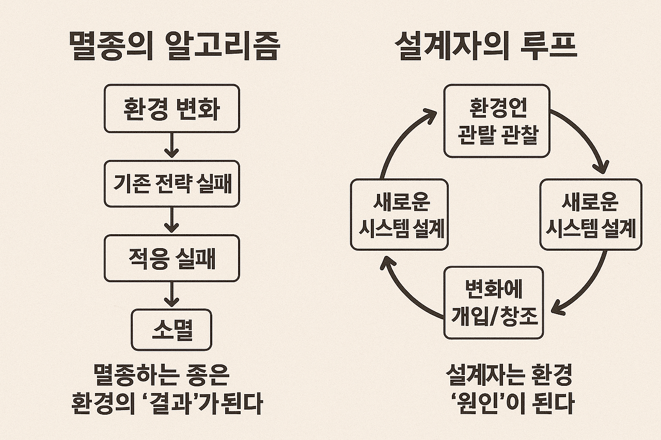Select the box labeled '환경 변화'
coord(171,109)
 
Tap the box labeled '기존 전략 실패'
coord(171,184)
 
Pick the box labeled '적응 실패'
coord(171,258)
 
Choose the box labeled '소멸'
coord(171,330)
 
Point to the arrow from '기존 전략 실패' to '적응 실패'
coord(171,221)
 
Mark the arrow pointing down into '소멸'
coord(171,295)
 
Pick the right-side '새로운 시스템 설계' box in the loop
coord(591,215)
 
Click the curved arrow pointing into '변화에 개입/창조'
coord(589,289)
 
